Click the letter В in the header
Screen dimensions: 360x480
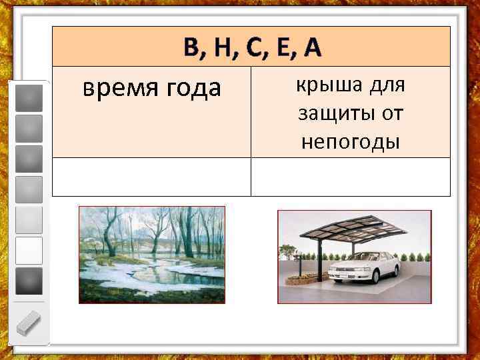[192, 47]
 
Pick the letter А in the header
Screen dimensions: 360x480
[309, 47]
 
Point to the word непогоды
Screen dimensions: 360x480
[350, 141]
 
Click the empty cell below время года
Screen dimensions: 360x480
[151, 177]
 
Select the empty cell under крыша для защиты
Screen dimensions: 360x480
[350, 177]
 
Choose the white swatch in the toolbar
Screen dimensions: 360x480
[29, 250]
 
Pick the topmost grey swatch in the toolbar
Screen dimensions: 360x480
[29, 97]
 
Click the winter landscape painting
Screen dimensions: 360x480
[152, 254]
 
